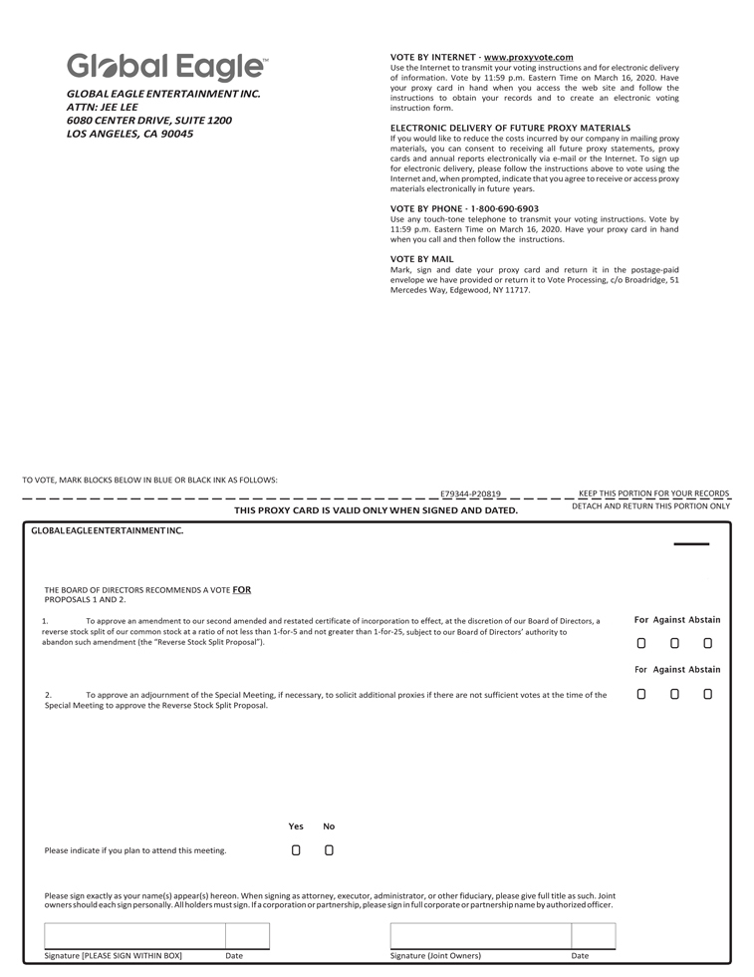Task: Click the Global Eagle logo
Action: (166, 68)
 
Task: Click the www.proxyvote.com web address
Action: (528, 58)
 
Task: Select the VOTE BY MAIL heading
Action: (421, 259)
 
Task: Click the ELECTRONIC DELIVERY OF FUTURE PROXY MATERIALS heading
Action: (510, 128)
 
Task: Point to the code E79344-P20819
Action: (471, 493)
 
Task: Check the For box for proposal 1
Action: (641, 644)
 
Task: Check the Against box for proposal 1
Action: (674, 644)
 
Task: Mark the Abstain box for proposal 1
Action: (707, 644)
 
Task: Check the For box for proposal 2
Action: (641, 694)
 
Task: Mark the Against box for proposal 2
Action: (674, 694)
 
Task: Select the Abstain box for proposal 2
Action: (707, 694)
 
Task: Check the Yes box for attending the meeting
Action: (296, 850)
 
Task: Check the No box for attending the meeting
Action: (329, 850)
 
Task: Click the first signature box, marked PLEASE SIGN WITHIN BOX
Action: (134, 936)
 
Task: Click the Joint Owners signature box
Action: (480, 936)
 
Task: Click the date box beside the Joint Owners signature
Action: (593, 936)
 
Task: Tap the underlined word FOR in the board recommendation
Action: (241, 589)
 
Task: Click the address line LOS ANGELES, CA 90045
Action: (129, 134)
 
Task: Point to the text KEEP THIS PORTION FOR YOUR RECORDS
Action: (653, 492)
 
